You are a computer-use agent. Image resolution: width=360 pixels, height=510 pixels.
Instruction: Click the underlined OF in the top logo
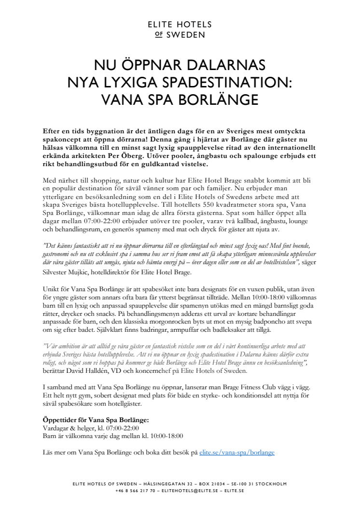point(159,35)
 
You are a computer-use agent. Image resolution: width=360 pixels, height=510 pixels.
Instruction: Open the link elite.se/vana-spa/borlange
point(236,453)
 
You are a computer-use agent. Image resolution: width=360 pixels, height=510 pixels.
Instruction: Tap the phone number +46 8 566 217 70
point(135,491)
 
